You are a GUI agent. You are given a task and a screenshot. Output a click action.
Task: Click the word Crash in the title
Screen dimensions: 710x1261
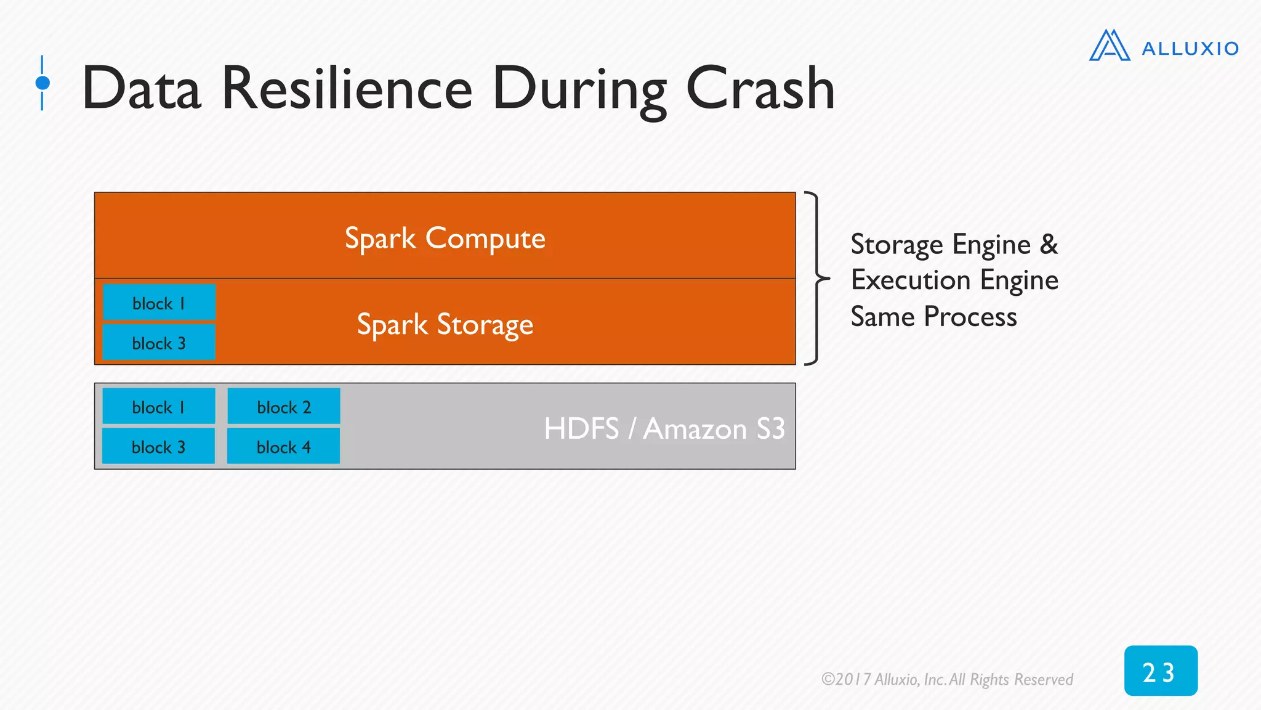tap(760, 89)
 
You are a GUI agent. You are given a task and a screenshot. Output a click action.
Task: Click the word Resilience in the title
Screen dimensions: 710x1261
tap(347, 89)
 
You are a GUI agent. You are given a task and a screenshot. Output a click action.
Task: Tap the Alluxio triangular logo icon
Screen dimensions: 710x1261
tap(1109, 46)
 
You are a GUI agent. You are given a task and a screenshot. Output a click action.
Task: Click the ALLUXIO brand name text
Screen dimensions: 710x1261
tap(1190, 49)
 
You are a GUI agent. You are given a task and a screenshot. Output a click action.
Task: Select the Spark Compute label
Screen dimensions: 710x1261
tap(445, 238)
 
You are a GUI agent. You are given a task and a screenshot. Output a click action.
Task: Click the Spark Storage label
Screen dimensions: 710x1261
tap(445, 324)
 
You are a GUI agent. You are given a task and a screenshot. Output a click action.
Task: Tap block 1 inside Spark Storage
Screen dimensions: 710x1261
tap(159, 303)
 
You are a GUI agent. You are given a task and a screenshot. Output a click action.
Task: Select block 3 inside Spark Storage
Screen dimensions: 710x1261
tap(159, 343)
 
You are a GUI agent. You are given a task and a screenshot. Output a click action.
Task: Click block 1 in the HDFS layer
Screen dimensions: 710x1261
tap(159, 407)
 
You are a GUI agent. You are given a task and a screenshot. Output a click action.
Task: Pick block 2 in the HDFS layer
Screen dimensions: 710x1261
tap(284, 407)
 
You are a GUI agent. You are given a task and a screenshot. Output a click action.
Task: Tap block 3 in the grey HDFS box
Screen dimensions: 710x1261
tap(159, 447)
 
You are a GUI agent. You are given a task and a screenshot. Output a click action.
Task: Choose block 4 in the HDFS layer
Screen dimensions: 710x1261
tap(284, 447)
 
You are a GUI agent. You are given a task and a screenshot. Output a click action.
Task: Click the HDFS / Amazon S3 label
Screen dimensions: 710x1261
tap(664, 428)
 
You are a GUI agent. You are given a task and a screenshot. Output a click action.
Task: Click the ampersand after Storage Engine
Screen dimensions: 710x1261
tap(1049, 245)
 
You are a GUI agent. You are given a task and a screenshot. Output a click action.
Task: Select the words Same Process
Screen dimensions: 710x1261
tap(933, 317)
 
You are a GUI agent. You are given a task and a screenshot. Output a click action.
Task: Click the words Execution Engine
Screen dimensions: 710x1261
tap(954, 280)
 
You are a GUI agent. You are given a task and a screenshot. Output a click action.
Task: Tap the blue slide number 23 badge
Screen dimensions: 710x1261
tap(1160, 671)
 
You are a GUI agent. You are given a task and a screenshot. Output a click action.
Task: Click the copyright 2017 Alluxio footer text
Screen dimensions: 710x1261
tap(947, 679)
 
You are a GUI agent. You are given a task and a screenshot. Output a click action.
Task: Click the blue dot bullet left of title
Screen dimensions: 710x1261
tap(42, 83)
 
